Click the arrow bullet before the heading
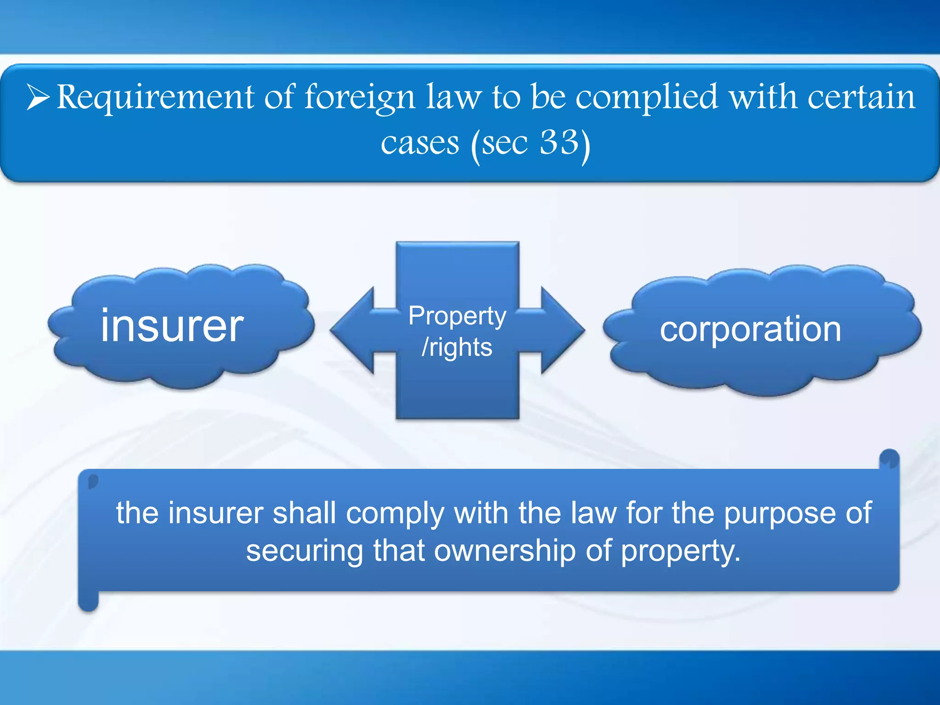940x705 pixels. click(x=39, y=97)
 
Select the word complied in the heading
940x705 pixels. click(x=646, y=98)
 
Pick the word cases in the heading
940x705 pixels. click(x=420, y=143)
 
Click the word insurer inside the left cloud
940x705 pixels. click(x=172, y=325)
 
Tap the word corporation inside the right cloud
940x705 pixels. click(x=750, y=329)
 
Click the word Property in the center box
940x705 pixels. click(x=457, y=316)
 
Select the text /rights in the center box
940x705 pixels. click(x=457, y=347)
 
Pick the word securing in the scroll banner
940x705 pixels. click(x=304, y=551)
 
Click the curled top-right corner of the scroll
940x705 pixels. click(x=889, y=459)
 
